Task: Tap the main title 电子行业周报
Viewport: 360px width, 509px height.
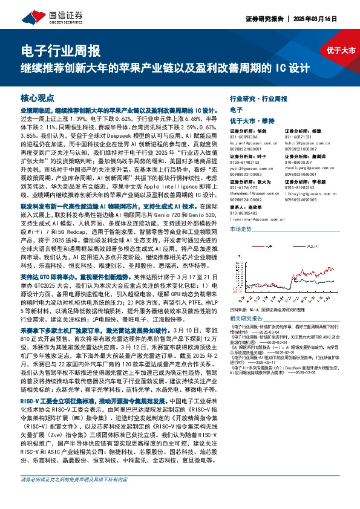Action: [x=61, y=51]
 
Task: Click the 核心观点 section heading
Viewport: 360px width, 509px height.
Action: [x=38, y=97]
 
